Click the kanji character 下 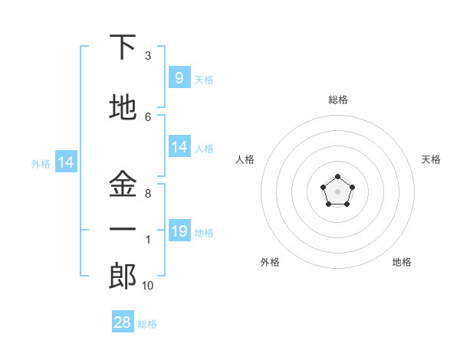123,47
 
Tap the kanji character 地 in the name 123,108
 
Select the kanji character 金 123,185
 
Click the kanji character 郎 123,277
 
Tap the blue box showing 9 179,78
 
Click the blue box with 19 179,231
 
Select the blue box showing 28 123,322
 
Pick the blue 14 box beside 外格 66,162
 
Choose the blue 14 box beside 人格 179,147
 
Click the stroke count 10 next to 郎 147,286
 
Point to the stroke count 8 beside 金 147,194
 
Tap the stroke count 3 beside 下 147,56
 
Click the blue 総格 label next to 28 147,324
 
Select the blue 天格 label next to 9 203,80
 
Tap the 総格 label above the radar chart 337,100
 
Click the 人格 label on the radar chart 245,159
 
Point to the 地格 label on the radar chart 402,262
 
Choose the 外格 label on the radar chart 270,262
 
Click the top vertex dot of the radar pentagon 337,178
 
